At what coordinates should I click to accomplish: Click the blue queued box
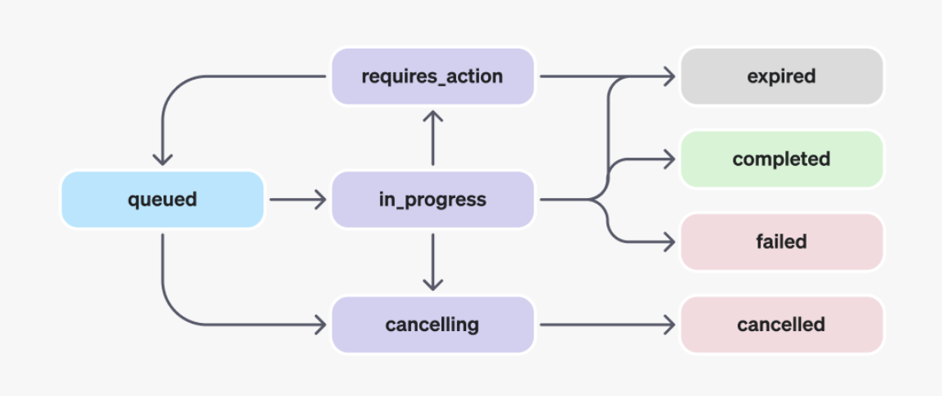click(162, 200)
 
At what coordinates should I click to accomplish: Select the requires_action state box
click(432, 76)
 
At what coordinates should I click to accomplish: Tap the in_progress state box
click(432, 200)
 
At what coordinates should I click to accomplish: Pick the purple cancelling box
click(432, 325)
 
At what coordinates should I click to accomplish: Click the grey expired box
click(781, 76)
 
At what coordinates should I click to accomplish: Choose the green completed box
click(781, 159)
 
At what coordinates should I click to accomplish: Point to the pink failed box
click(781, 242)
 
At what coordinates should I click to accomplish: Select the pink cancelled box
click(781, 325)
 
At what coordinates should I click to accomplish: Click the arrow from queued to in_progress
click(298, 200)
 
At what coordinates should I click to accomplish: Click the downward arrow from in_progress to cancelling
click(432, 262)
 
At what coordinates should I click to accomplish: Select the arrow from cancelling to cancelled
click(607, 325)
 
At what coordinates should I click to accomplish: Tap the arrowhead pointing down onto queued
click(162, 159)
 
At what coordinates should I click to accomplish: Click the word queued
click(162, 200)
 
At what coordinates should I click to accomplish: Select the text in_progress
click(432, 200)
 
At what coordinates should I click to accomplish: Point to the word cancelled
click(781, 325)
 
